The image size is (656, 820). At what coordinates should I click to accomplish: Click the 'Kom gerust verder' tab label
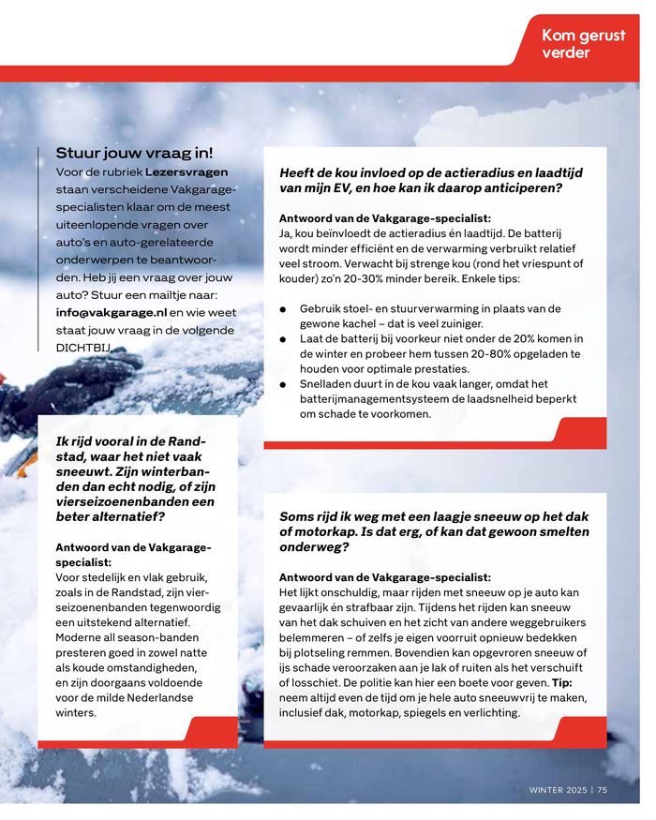583,43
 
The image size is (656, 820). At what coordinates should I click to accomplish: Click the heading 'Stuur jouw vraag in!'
134,153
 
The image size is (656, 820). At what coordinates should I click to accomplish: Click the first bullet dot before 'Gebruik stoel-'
283,308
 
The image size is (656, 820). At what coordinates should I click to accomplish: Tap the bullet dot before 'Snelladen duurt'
283,383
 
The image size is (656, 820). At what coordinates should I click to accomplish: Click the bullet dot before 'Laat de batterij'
283,338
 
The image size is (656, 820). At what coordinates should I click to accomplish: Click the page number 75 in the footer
603,789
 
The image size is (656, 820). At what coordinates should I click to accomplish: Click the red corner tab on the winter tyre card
211,731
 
